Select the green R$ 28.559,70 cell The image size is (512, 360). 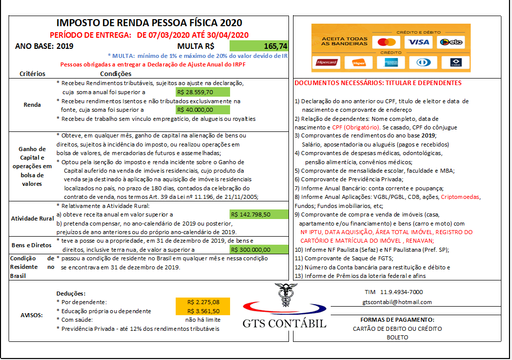(x=202, y=92)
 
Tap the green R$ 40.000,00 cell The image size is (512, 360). (x=202, y=110)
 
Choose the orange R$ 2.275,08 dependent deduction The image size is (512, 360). (x=203, y=302)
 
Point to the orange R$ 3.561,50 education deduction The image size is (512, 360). (x=203, y=311)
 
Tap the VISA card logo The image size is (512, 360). (x=419, y=42)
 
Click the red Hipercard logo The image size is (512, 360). (x=326, y=63)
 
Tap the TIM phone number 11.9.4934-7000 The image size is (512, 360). (x=394, y=292)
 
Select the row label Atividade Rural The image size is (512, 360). (x=32, y=219)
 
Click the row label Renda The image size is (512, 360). (x=32, y=105)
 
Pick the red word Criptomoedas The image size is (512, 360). (x=461, y=197)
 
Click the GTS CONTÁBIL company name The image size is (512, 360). (x=285, y=323)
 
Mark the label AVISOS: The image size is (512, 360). (x=32, y=315)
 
